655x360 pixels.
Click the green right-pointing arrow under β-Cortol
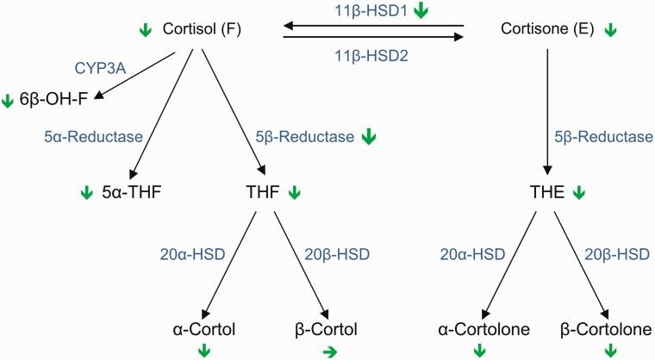coord(327,351)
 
